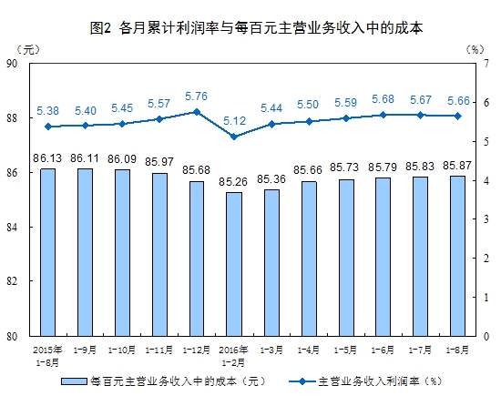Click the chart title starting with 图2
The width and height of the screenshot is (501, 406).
coord(251,28)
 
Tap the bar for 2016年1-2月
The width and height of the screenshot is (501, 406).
coord(234,263)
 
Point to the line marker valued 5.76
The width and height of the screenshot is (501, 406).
coord(197,111)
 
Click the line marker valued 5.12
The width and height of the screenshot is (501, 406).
coord(234,137)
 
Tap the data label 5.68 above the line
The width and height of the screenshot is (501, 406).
coord(383,99)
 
